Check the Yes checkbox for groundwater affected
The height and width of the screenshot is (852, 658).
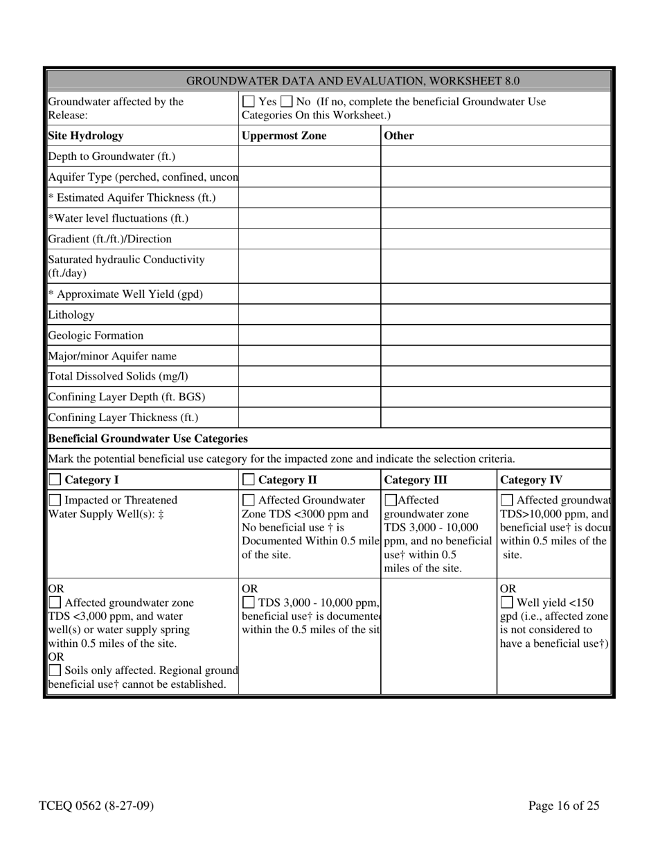coord(249,103)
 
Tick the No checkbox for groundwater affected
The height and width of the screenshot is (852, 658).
coord(287,103)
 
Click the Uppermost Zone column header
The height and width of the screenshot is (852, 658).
coord(284,136)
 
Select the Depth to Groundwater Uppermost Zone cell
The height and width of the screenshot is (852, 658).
coord(309,157)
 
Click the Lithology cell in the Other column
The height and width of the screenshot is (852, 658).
coord(495,314)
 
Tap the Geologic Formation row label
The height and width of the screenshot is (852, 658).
coord(96,335)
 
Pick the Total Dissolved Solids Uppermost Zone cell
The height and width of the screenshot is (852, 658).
coord(309,377)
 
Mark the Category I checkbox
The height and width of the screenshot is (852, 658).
coord(55,479)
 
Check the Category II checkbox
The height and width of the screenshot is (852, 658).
coord(249,479)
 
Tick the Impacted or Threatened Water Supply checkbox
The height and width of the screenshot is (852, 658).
coord(55,500)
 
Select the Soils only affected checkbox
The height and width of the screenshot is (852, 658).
coord(55,671)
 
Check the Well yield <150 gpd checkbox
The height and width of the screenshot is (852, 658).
coord(507,603)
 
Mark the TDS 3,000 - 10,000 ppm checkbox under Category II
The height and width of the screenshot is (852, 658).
coord(249,603)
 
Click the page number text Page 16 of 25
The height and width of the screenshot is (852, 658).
coord(563,806)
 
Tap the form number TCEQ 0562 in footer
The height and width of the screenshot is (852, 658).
coord(96,806)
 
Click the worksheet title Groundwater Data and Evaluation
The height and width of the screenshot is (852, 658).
coord(353,81)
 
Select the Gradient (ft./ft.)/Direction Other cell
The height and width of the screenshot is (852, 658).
coord(495,239)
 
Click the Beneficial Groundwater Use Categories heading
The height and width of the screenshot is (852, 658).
coord(148,438)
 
